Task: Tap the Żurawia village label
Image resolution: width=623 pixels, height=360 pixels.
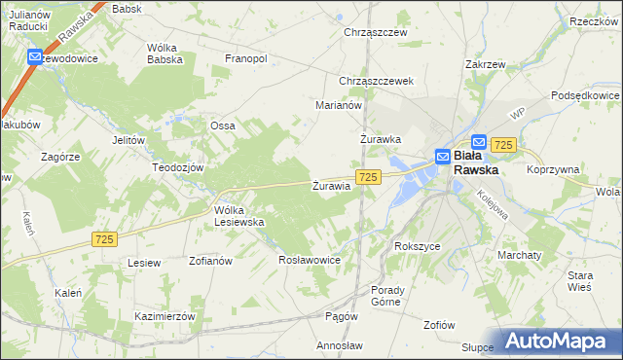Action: (x=331, y=186)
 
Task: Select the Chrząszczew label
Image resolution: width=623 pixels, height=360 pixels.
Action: (x=375, y=32)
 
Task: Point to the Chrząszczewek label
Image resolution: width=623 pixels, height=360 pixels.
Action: (x=378, y=81)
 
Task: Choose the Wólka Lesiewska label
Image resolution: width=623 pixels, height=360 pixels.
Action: (x=239, y=216)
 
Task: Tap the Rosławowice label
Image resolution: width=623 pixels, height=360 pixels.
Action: (x=309, y=260)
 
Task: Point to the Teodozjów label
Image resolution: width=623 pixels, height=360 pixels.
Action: (x=176, y=167)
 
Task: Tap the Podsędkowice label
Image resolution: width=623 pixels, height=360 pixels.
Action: (x=585, y=95)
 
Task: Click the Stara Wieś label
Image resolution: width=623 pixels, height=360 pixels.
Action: (x=580, y=282)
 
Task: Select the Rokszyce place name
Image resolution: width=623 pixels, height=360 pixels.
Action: (x=418, y=246)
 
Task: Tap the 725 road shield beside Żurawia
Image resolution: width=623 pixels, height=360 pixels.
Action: (x=367, y=177)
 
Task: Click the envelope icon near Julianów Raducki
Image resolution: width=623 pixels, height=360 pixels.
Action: (x=35, y=57)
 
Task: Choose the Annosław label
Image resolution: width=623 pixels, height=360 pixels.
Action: (x=340, y=345)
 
